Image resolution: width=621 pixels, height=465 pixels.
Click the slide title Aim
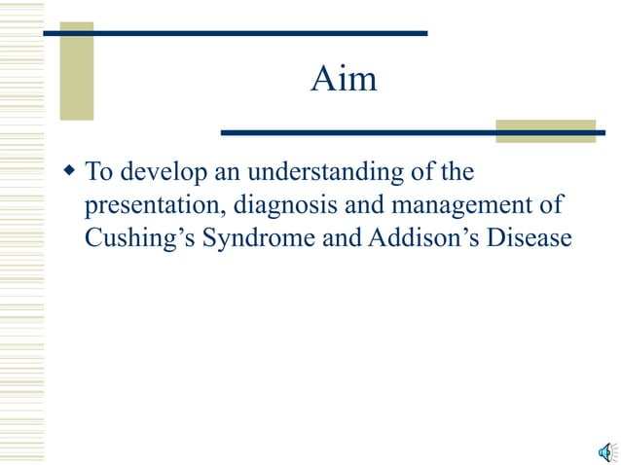344,80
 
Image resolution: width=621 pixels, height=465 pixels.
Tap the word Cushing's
139,237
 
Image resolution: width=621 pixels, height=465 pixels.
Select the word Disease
523,237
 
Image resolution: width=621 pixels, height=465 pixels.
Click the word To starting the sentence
97,174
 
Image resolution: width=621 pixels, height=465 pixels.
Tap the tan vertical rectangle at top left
77,71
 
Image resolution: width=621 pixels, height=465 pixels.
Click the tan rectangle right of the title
545,130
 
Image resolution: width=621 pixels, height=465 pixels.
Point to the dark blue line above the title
234,33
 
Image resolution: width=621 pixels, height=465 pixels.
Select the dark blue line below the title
409,132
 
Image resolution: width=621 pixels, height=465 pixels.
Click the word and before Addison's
335,237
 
